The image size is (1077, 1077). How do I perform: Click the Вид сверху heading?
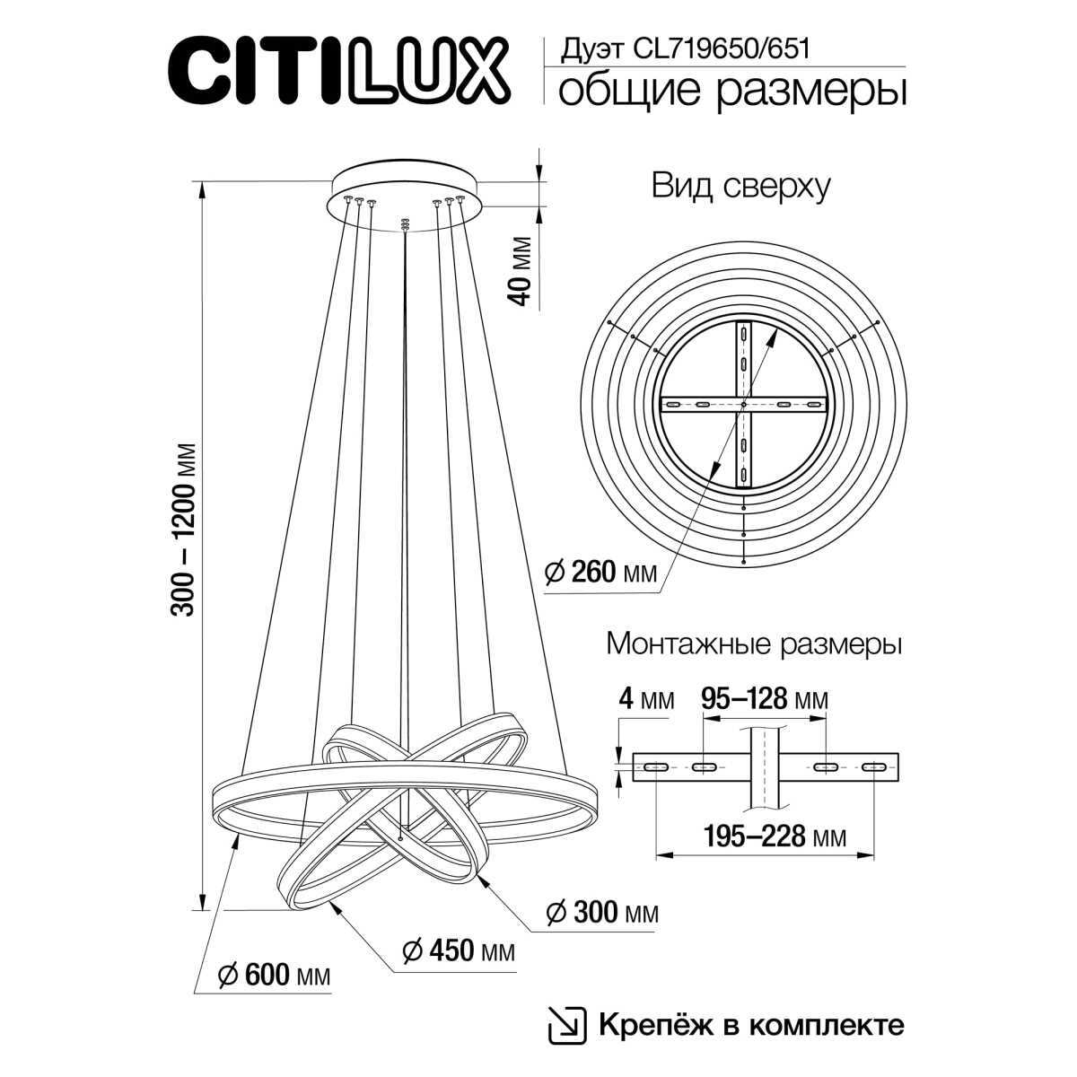coord(740,187)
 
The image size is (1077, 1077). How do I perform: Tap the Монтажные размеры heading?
coord(754,644)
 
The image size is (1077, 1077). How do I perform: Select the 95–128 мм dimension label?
coord(764,699)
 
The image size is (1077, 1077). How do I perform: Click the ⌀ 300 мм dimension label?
coord(602,913)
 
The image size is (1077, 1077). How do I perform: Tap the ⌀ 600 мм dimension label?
coord(274,975)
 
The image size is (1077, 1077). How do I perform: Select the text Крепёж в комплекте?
coord(750,1024)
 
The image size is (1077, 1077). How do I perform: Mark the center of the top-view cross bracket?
coord(744,405)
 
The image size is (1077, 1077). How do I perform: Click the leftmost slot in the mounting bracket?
coord(654,766)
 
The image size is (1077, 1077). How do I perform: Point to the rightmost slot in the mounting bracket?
coord(872,766)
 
